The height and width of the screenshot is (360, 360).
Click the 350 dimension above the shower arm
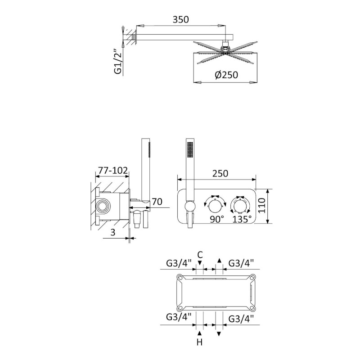181,19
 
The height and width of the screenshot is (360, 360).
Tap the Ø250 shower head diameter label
226,75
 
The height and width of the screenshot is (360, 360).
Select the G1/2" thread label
118,62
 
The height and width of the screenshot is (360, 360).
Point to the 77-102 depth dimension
113,171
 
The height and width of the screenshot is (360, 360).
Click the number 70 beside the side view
157,202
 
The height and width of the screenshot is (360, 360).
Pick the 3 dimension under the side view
113,232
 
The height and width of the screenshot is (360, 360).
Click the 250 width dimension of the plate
220,174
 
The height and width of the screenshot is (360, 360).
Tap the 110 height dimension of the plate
261,206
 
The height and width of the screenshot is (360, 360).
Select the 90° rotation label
217,219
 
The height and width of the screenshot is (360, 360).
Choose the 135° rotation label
242,219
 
